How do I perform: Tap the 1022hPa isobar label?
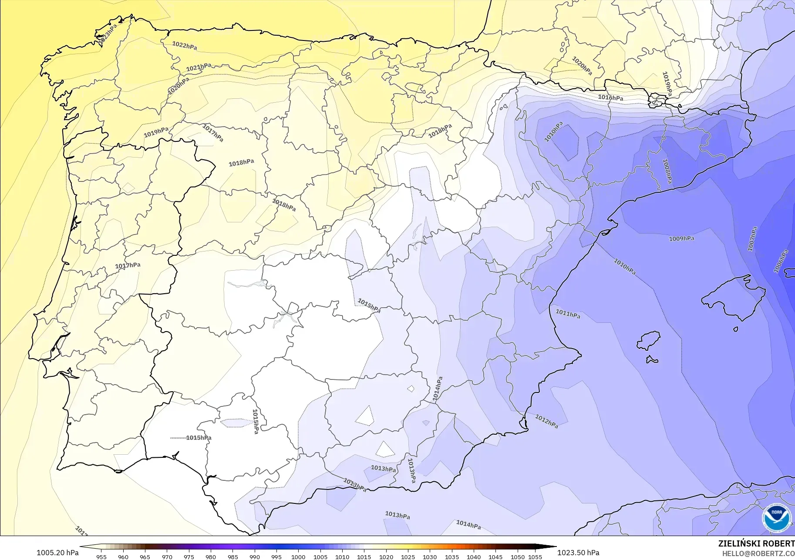[x=184, y=46]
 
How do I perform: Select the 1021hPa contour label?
[x=199, y=67]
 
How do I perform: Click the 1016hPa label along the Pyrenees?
[x=610, y=98]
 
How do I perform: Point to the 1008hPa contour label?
[x=667, y=171]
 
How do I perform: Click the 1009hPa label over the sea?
[x=681, y=238]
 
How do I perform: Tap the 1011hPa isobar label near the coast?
[x=568, y=314]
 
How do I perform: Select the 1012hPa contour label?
[x=546, y=421]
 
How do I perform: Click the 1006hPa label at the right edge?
[x=781, y=261]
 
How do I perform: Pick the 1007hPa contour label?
[x=752, y=239]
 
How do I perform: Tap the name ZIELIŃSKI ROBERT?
[x=756, y=543]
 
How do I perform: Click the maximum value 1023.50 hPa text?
[x=578, y=553]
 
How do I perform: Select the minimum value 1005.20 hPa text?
[x=57, y=553]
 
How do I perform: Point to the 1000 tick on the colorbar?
[x=298, y=557]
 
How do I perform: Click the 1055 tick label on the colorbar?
[x=535, y=557]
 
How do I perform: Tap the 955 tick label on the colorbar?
[x=101, y=557]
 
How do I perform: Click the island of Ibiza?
[x=649, y=340]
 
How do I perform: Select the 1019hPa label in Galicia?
[x=156, y=132]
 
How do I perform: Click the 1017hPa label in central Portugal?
[x=128, y=265]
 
